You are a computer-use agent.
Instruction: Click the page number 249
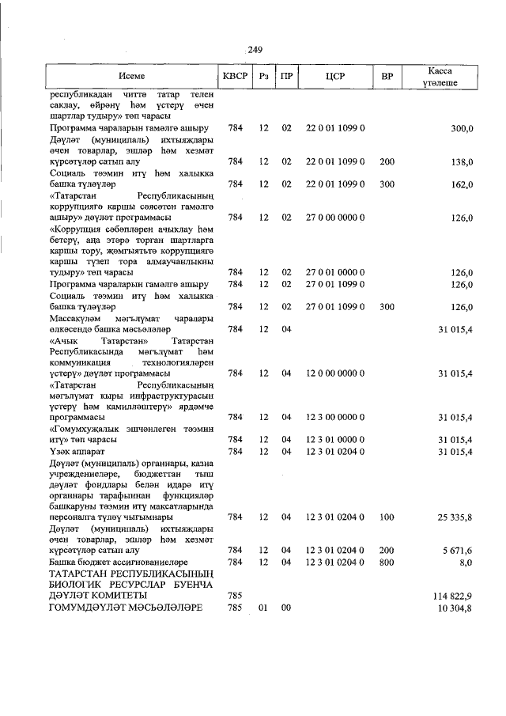click(x=254, y=50)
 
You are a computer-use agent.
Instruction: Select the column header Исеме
click(x=132, y=77)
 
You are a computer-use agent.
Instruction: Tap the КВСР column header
click(x=235, y=77)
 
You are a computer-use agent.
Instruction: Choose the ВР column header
click(x=387, y=77)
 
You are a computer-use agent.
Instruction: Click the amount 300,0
click(x=462, y=128)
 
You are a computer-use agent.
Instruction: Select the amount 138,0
click(x=462, y=161)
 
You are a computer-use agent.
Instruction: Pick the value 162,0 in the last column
click(x=462, y=184)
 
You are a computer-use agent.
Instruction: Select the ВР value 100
click(x=387, y=517)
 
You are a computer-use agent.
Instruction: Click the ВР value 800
click(x=387, y=562)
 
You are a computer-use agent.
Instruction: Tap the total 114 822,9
click(x=452, y=595)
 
